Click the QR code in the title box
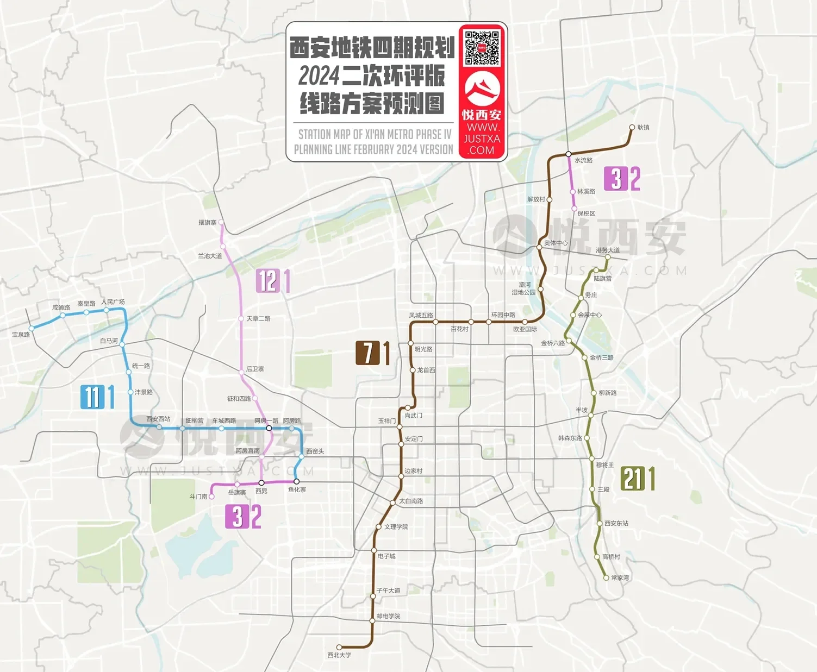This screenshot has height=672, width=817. click(482, 48)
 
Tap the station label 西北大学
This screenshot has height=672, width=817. click(339, 655)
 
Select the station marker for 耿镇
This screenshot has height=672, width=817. click(632, 128)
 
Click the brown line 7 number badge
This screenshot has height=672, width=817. click(367, 353)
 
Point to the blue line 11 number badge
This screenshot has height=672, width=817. click(90, 397)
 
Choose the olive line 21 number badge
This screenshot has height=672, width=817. click(631, 479)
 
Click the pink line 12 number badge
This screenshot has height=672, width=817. click(267, 281)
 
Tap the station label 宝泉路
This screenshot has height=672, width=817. click(21, 335)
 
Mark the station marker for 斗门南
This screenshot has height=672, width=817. click(211, 497)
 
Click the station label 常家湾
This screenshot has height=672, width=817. click(620, 578)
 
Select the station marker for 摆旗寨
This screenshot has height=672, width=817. click(221, 223)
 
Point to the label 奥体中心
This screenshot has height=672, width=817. click(556, 243)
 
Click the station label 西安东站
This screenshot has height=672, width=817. click(616, 523)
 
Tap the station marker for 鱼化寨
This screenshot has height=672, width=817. click(296, 481)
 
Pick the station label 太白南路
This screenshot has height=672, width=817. click(411, 501)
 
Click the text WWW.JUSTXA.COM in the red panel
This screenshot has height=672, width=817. click(482, 139)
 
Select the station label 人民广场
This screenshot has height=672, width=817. click(113, 302)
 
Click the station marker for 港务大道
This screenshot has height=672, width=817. click(608, 258)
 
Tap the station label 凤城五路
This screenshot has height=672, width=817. click(421, 315)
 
